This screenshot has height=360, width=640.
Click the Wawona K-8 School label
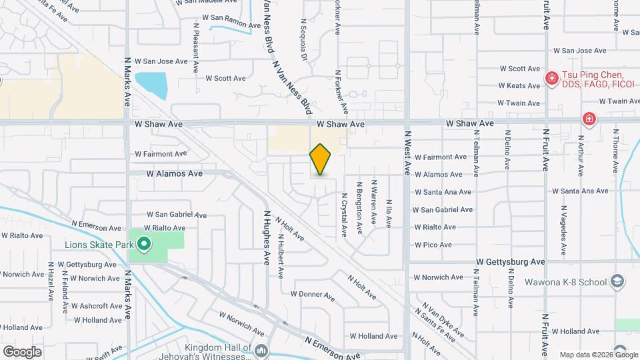click(x=573, y=281)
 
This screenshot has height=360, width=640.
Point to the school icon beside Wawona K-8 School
click(x=617, y=281)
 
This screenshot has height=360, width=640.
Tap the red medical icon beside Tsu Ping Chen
click(x=551, y=79)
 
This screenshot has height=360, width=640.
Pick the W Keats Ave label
click(x=520, y=85)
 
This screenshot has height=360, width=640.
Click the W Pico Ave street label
click(x=435, y=245)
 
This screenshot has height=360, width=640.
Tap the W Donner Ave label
click(x=312, y=294)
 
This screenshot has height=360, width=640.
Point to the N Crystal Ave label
click(x=345, y=215)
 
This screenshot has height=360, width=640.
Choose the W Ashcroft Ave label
click(x=97, y=306)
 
